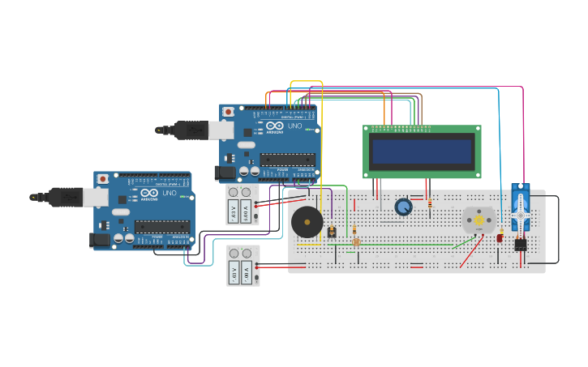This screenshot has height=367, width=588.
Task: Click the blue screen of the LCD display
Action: (x=422, y=151)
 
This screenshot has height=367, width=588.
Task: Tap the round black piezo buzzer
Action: (x=307, y=221)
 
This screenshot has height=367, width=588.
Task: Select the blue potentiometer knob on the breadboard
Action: (x=403, y=207)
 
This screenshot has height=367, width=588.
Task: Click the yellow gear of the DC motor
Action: (x=479, y=220)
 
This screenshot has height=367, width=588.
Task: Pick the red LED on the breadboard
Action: (x=500, y=237)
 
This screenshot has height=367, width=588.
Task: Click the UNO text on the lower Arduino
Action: (x=169, y=194)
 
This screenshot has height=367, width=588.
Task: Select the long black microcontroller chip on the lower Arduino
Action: (x=162, y=226)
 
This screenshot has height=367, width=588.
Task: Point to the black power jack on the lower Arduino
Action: (x=101, y=239)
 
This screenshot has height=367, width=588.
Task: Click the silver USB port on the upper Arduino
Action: (x=221, y=130)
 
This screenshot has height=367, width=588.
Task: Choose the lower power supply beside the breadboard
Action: (x=242, y=266)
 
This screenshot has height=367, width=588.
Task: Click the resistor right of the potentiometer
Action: (x=427, y=205)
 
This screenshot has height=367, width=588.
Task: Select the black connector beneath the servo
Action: (x=520, y=244)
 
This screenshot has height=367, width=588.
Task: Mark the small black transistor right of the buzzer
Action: (x=332, y=232)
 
